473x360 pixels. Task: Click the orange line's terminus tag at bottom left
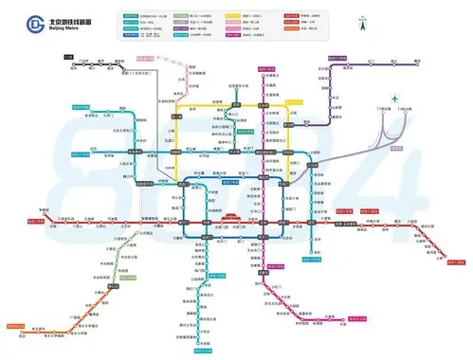click(x=15, y=326)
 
